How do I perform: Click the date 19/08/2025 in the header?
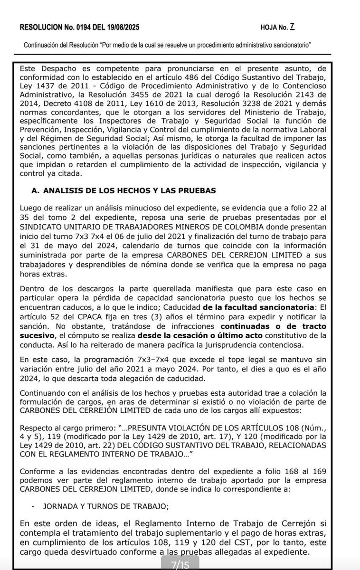point(122,28)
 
